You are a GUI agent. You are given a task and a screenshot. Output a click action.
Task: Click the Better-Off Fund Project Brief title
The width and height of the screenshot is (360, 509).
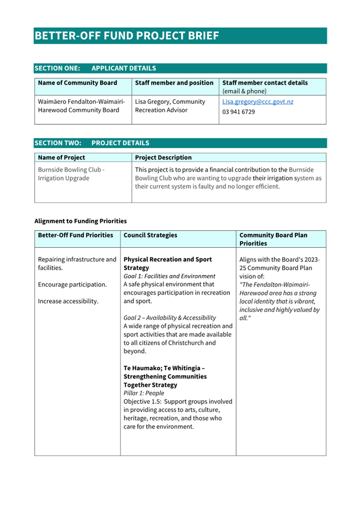(127, 36)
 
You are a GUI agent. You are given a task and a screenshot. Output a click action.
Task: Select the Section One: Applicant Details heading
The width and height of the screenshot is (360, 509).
(95, 68)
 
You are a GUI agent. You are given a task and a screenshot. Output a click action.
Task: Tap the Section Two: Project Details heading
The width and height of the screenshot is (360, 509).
(92, 143)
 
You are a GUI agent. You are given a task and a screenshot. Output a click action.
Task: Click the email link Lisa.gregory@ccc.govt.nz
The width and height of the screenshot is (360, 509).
(258, 101)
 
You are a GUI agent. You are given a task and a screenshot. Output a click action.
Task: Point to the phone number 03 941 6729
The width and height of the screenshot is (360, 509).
(238, 112)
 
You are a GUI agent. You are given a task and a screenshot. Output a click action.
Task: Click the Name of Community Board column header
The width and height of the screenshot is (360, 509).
(77, 83)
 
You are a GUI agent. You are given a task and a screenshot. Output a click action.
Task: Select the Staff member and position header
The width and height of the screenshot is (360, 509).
(174, 83)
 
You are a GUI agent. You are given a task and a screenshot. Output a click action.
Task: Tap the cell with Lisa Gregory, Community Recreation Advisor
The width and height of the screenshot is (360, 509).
(170, 106)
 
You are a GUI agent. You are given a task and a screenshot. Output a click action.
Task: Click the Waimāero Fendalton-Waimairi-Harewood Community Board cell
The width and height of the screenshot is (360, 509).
(81, 106)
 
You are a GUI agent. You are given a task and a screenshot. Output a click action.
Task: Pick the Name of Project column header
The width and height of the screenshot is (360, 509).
(61, 158)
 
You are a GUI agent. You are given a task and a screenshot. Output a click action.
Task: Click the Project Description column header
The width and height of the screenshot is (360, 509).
(163, 158)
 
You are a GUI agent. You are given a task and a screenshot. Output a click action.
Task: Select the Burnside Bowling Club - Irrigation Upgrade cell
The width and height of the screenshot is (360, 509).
(71, 174)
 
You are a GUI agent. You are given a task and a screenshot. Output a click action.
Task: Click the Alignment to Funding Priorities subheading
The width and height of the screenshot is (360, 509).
(81, 220)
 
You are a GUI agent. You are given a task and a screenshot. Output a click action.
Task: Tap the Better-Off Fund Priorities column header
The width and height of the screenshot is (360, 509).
(75, 235)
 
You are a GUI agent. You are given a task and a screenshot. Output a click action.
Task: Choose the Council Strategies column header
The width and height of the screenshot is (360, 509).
(150, 235)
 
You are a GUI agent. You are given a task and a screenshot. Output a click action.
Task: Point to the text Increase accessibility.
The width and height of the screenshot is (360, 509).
(68, 301)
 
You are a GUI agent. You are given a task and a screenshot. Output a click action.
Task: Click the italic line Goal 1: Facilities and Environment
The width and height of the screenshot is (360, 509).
(169, 276)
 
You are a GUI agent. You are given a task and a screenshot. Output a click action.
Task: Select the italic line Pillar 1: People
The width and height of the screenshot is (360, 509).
(144, 393)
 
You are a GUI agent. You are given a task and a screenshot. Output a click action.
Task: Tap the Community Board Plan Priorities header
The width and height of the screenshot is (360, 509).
(273, 239)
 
